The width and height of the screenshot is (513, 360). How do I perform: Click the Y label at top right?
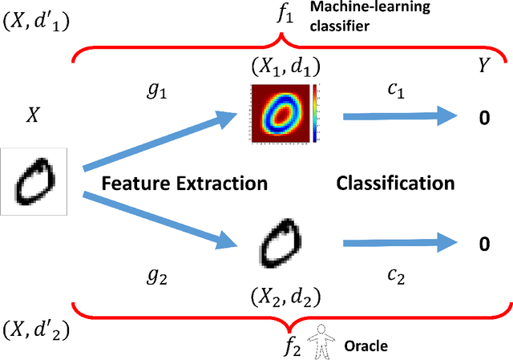click(x=483, y=67)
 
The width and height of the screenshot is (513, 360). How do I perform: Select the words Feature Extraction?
click(x=184, y=183)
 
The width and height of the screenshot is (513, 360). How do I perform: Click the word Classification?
click(x=396, y=183)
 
